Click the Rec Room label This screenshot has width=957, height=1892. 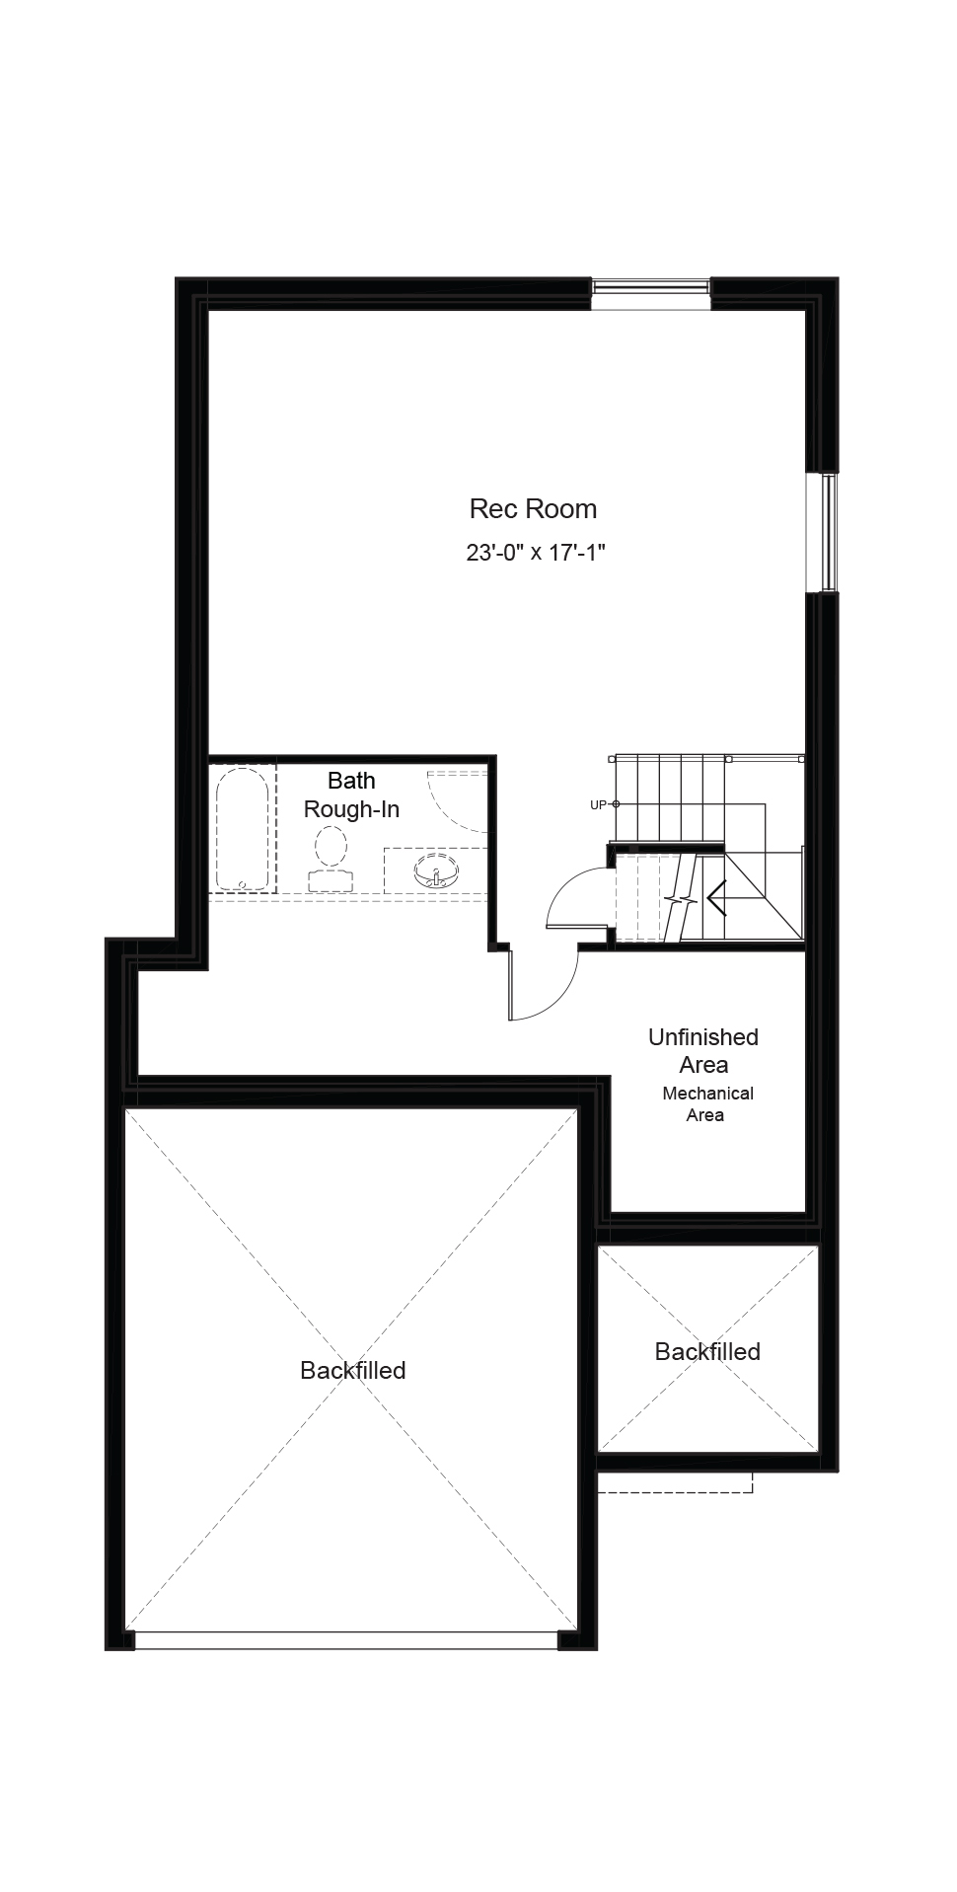coord(533,509)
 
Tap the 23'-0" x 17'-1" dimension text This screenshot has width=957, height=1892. coord(535,552)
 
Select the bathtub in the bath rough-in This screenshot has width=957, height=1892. coord(242,829)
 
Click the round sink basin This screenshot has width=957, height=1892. coord(436,872)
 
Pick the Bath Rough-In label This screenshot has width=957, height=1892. coord(351,795)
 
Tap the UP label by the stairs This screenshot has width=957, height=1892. coord(598,805)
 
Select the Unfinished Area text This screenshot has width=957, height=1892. coord(703,1051)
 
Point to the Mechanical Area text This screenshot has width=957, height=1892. coord(707,1104)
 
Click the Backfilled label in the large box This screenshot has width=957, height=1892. coord(353,1370)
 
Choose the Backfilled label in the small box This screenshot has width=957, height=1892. coord(707,1351)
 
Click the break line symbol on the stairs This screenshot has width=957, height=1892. coord(681,899)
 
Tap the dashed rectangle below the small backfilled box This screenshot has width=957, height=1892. coord(675,1482)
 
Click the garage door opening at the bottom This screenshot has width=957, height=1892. coord(346,1640)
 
